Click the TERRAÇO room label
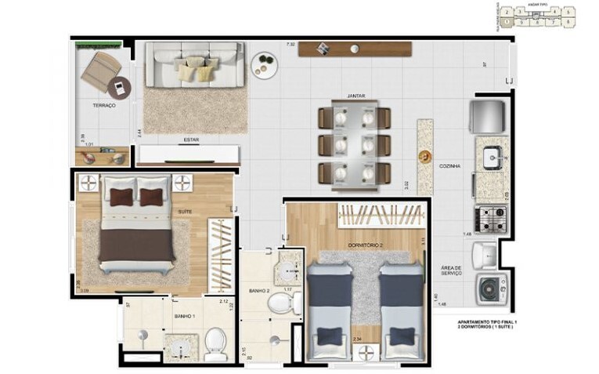pos(103,105)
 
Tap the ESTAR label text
pos(190,140)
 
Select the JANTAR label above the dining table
pos(356,96)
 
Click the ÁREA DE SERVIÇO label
pos(453,270)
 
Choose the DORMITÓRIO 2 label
pos(364,245)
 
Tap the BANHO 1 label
pos(184,316)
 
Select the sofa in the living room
pos(196,64)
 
